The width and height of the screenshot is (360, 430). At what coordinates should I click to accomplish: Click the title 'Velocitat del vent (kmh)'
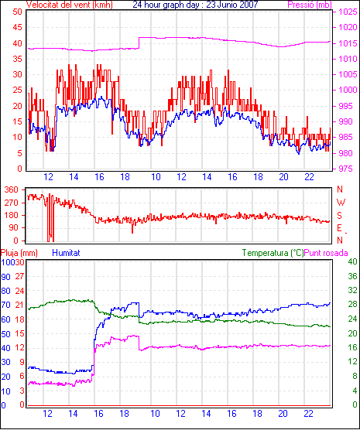[x=69, y=5]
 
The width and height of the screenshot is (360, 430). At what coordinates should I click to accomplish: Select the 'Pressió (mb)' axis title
[x=310, y=5]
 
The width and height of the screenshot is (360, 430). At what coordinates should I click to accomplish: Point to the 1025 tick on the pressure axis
[x=348, y=12]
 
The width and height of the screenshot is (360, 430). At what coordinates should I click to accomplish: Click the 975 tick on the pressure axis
[x=348, y=169]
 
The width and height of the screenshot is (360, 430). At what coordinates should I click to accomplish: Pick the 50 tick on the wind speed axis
[x=17, y=12]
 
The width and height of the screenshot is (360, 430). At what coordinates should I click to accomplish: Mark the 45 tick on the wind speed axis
[x=17, y=27]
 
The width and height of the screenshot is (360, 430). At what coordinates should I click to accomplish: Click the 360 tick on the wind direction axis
[x=12, y=189]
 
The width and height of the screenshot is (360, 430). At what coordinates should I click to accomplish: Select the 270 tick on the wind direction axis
[x=12, y=203]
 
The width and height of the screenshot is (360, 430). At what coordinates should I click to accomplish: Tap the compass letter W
[x=341, y=203]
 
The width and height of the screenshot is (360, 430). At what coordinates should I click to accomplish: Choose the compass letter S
[x=340, y=216]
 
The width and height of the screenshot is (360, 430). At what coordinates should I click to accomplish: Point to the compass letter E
[x=340, y=228]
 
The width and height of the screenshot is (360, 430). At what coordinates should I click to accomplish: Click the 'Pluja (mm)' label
[x=19, y=253]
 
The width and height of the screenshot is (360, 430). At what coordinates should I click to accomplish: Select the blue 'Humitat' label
[x=66, y=253]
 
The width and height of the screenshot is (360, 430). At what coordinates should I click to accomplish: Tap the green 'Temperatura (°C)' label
[x=273, y=253]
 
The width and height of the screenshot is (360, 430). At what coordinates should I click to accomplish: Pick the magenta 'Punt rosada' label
[x=326, y=253]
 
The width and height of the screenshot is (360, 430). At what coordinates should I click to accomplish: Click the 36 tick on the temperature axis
[x=352, y=276]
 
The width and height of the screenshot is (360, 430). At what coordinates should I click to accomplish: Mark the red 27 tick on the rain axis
[x=19, y=276]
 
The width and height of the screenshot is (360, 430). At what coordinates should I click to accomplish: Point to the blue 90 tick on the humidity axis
[x=5, y=277]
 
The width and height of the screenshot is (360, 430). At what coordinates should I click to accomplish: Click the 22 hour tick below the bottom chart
[x=308, y=413]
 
